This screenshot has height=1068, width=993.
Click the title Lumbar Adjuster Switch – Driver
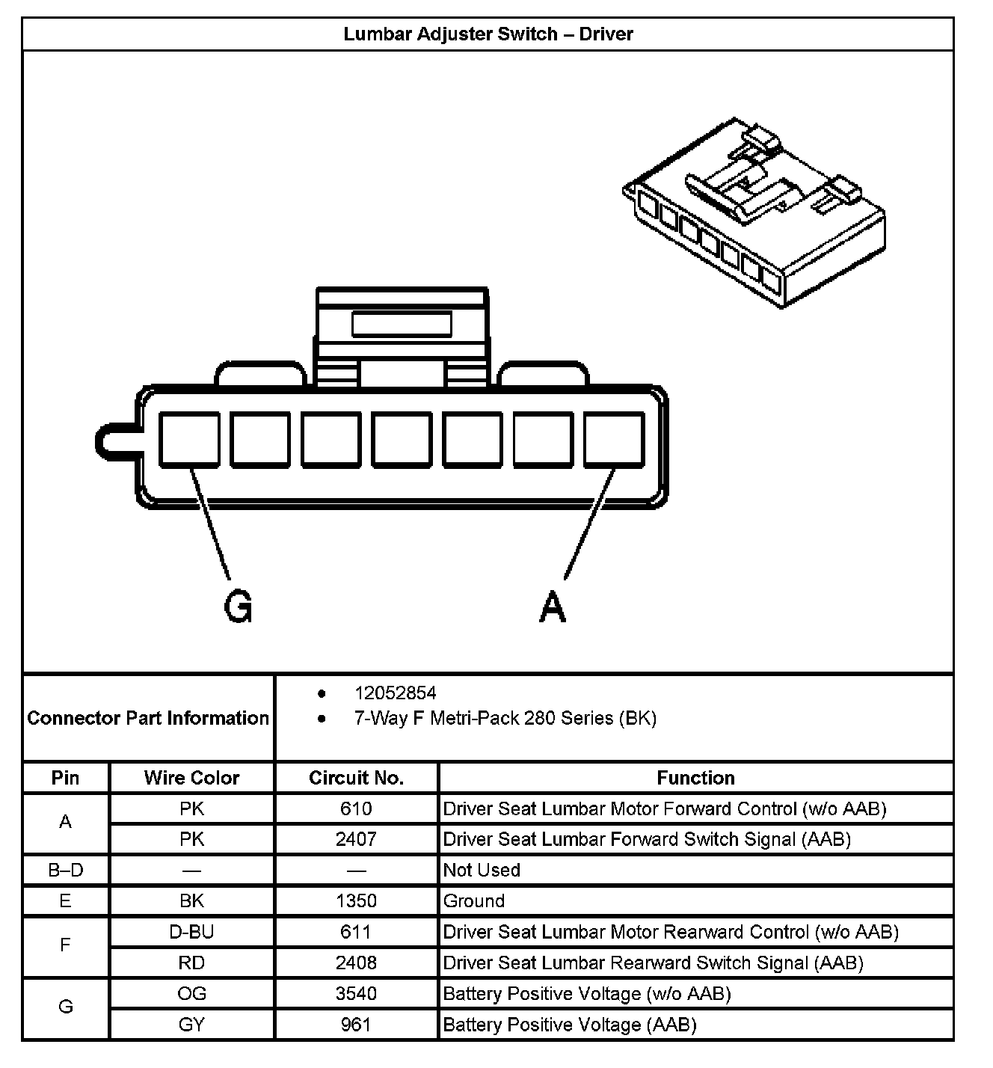coord(488,34)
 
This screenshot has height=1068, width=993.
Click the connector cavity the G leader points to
coord(189,440)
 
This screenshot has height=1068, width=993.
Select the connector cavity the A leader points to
coord(613,440)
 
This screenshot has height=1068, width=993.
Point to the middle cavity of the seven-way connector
coord(402,440)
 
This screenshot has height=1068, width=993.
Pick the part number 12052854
coord(395,693)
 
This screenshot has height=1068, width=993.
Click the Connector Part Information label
coord(148,718)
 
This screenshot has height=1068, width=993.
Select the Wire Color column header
coord(191,778)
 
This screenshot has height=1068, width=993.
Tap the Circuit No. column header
coord(356,778)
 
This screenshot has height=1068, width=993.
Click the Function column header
coord(695,778)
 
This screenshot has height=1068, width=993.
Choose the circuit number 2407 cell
coord(356,839)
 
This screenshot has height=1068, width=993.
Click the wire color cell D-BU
coord(191,932)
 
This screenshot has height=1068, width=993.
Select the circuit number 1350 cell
coord(356,900)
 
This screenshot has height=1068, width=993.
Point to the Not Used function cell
coord(482,870)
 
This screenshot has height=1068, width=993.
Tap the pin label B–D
coord(65,870)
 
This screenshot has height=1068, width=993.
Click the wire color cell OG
coord(191,993)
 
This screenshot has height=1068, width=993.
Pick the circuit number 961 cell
coord(356,1024)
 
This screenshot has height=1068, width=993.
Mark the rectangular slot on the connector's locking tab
coord(402,325)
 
